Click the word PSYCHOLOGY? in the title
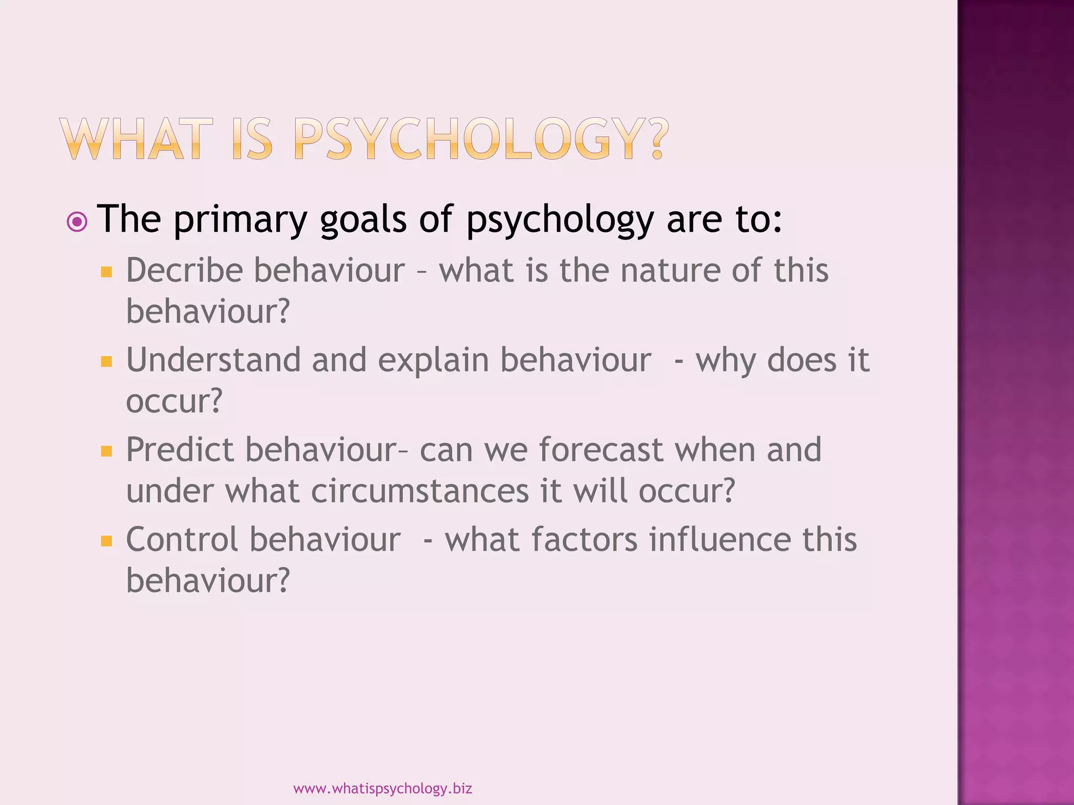click(481, 139)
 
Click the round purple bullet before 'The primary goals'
click(78, 222)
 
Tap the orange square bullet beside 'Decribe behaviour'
click(106, 271)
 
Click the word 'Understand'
click(213, 361)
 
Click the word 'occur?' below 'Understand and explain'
click(174, 401)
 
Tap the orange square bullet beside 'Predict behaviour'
click(106, 451)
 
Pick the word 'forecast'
click(601, 450)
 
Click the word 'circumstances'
click(420, 492)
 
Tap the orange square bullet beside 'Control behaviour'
click(106, 541)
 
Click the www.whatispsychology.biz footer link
click(382, 788)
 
